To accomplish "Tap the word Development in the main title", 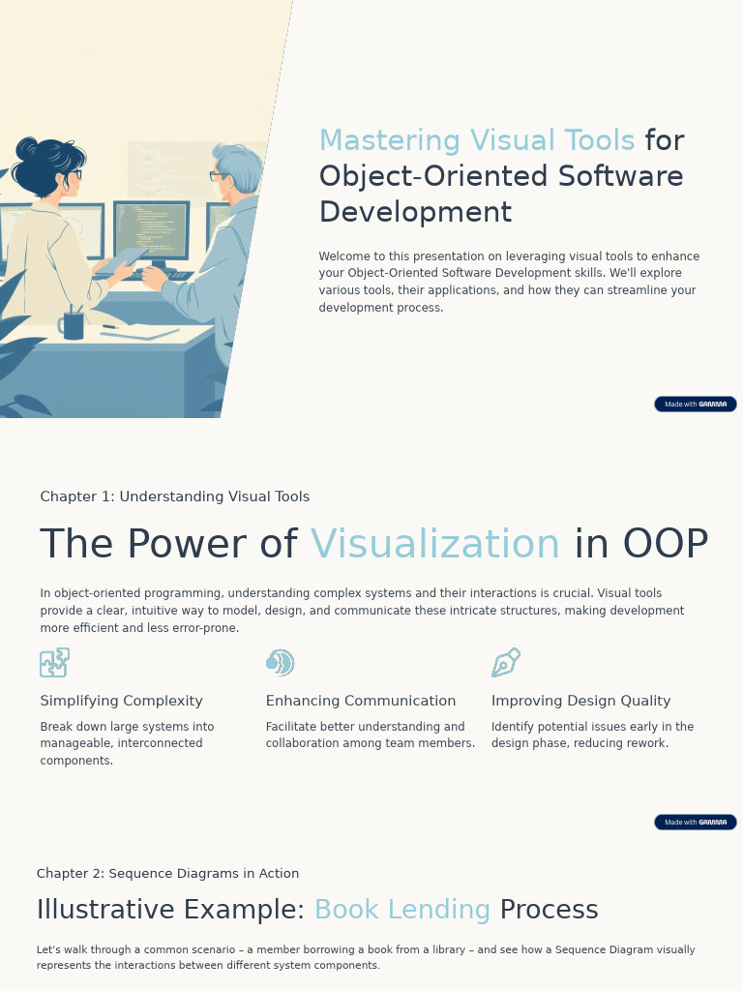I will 415,213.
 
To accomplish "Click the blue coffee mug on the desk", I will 73,325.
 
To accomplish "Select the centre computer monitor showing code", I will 151,230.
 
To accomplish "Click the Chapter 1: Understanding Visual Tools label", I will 175,496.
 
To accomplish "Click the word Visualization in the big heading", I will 435,545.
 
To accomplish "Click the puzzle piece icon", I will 54,663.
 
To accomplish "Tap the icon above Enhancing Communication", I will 280,663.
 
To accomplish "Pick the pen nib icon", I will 506,663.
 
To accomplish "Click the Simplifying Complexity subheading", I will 122,701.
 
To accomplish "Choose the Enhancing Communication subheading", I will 361,701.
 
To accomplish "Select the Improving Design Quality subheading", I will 580,701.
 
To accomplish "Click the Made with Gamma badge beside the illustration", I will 695,405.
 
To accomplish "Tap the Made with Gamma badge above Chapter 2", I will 695,823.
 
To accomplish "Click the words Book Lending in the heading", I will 402,911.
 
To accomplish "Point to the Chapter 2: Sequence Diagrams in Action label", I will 167,874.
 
